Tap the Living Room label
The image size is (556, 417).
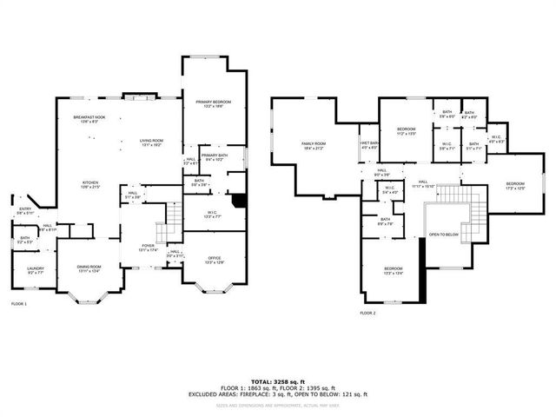point(152,141)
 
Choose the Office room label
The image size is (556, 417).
point(214,260)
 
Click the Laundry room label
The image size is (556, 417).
point(35,270)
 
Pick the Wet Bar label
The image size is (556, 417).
point(368,145)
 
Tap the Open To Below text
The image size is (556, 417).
point(443,235)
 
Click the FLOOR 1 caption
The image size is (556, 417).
point(19,304)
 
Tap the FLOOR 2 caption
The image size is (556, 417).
point(368,313)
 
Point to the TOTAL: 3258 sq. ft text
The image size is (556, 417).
point(277,381)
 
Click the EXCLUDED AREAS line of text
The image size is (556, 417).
point(277,394)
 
